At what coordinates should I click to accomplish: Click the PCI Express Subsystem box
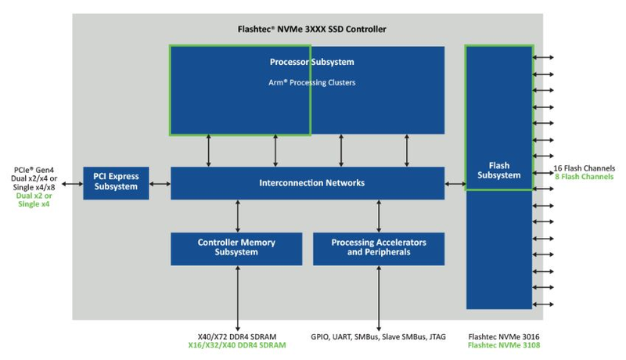pyautogui.click(x=116, y=183)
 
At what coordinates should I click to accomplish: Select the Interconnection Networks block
pyautogui.click(x=308, y=183)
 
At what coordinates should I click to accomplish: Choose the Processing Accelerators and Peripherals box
pyautogui.click(x=379, y=248)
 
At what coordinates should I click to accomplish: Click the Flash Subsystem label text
pyautogui.click(x=499, y=170)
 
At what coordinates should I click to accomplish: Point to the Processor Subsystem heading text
pyautogui.click(x=308, y=62)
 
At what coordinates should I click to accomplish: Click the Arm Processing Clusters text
pyautogui.click(x=308, y=81)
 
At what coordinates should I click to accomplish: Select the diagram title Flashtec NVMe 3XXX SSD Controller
pyautogui.click(x=308, y=29)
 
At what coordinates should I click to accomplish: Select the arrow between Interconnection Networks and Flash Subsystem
pyautogui.click(x=455, y=183)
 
